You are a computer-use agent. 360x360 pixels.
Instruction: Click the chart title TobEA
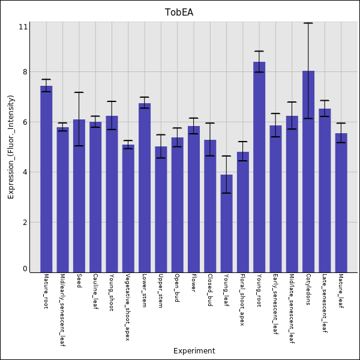tap(179, 13)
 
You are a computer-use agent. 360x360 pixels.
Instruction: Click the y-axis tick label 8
tap(25, 72)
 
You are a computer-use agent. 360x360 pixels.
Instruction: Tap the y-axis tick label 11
tap(23, 27)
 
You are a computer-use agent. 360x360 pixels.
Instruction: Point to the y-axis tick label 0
tap(25, 269)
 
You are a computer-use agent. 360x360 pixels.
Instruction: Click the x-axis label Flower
tap(194, 283)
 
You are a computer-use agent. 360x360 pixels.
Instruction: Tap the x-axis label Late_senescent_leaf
tap(325, 303)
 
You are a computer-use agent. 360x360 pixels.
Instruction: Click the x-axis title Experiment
tap(194, 351)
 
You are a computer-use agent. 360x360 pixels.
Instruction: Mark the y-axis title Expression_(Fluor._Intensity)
tap(11, 150)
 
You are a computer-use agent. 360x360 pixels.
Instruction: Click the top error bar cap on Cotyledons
tap(308, 23)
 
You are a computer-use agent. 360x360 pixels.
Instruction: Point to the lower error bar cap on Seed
tap(79, 146)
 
